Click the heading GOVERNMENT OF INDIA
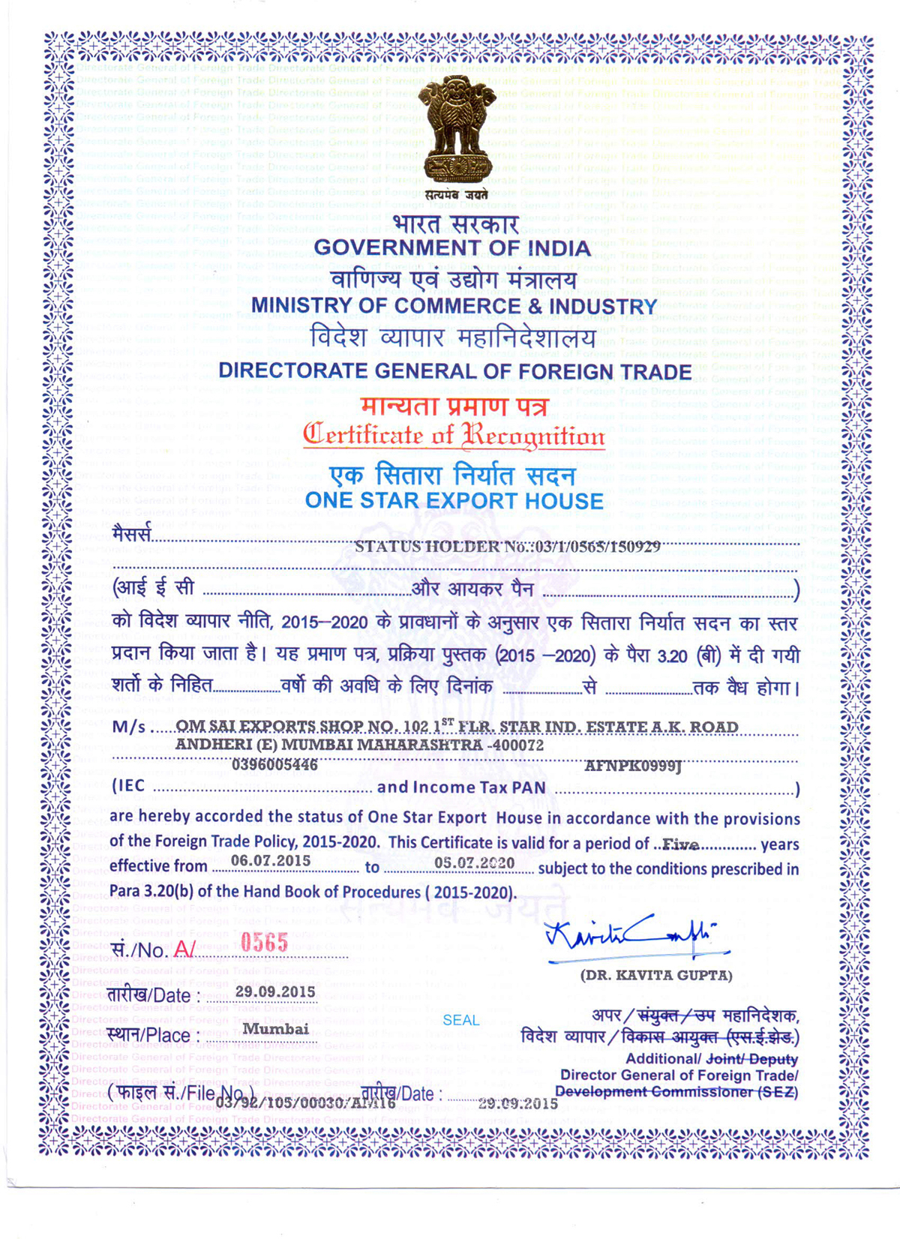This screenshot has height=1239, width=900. pos(452,247)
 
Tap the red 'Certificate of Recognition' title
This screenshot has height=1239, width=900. pos(454,435)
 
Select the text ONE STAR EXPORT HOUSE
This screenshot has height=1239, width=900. pos(454,501)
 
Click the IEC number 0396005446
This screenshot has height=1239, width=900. pos(274,765)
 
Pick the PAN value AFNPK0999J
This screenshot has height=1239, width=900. pos(633,766)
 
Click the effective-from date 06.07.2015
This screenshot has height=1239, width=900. pos(271,860)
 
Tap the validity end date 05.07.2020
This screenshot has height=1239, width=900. pos(475,862)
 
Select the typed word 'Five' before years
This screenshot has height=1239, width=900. pos(681,844)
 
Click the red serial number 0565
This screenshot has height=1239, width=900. pos(264,943)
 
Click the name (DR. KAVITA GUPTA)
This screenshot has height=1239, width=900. pos(656,975)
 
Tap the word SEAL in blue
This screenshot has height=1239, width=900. pos(460,1020)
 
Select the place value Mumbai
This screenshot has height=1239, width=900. pos(275,1029)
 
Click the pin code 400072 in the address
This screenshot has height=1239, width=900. pos(517,745)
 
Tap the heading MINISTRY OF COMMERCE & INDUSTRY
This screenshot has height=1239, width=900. pos(454,306)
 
